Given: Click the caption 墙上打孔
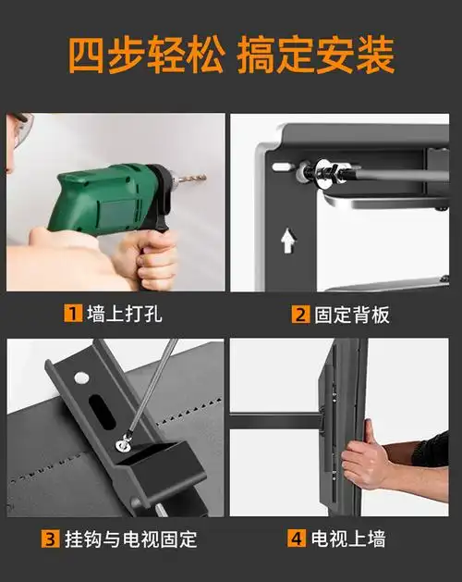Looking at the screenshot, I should tap(124, 314).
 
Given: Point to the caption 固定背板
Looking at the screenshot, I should tap(352, 314).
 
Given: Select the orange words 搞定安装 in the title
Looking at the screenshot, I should tap(316, 56).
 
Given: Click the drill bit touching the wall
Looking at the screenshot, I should tap(190, 178).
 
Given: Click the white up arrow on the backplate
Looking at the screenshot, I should tap(287, 241).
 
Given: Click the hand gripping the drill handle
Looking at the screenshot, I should tap(152, 259).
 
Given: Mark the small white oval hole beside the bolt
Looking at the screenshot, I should tap(281, 167).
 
